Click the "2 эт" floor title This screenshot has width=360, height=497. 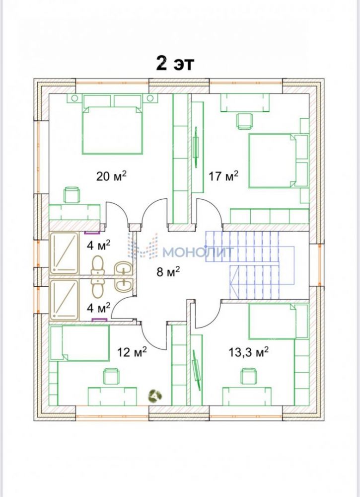175,64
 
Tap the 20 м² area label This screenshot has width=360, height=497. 111,176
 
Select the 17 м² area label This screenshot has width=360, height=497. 223,176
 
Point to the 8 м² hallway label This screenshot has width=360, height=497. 168,272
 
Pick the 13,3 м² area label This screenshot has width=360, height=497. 249,352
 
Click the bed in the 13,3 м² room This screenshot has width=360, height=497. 278,322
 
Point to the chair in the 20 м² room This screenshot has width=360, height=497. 72,195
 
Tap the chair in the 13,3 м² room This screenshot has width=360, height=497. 249,376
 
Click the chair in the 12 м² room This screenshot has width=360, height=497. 112,376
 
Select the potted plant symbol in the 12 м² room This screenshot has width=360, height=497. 155,396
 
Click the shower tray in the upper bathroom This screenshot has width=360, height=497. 64,253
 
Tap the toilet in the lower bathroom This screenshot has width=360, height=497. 97,288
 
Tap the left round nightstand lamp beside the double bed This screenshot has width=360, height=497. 74,98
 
